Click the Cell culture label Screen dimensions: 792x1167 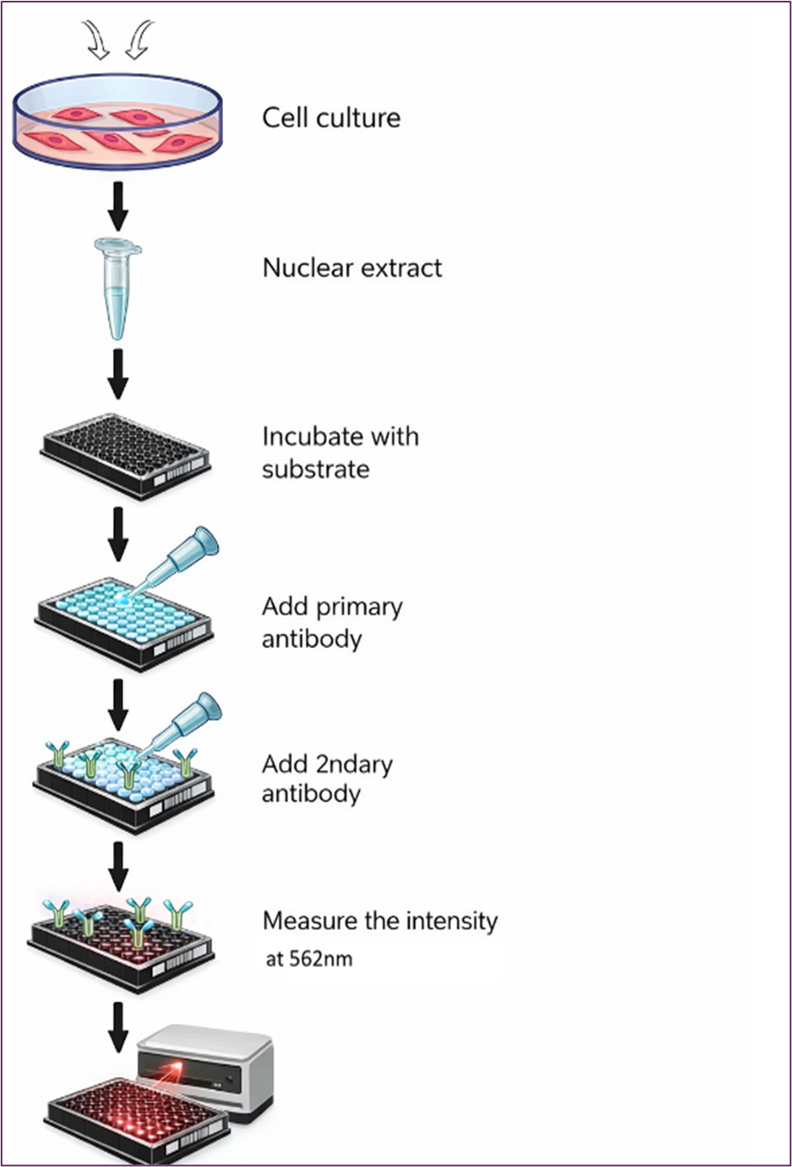[x=331, y=118]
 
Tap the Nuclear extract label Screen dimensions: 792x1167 [x=353, y=268]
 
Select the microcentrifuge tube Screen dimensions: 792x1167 [x=118, y=288]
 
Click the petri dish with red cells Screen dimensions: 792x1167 [x=118, y=120]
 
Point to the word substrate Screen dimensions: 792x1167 [x=316, y=470]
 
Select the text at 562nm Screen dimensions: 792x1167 [x=309, y=959]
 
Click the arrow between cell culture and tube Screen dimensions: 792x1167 [x=118, y=207]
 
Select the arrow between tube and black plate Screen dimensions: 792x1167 [x=118, y=374]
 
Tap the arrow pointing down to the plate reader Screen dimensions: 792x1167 [x=119, y=1027]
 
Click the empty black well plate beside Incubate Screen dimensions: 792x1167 [x=125, y=457]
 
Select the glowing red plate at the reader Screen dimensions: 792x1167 [x=138, y=1120]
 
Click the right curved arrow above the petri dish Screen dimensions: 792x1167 [x=139, y=40]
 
